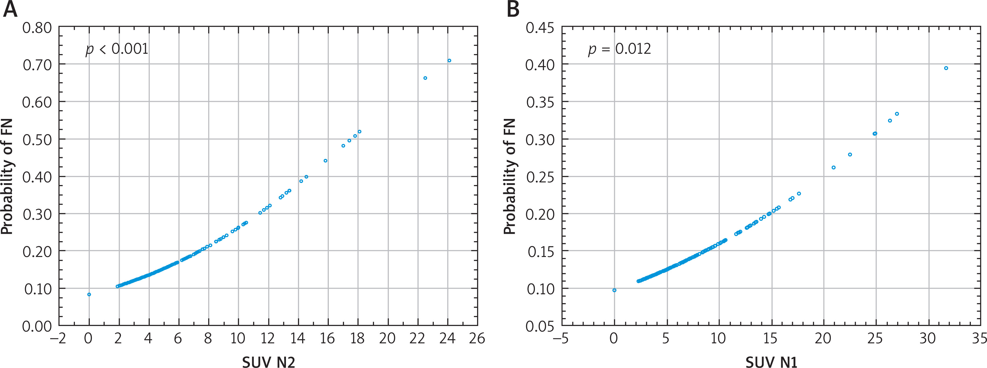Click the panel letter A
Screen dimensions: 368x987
[x=10, y=9]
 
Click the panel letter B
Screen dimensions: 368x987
[x=513, y=9]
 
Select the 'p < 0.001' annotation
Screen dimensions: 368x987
[x=117, y=49]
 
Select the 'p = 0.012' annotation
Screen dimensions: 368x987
[x=619, y=49]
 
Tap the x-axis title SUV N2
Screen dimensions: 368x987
[x=269, y=361]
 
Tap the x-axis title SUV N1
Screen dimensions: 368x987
[x=771, y=361]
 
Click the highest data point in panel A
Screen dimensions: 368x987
[x=449, y=61]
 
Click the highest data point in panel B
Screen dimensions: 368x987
[x=946, y=68]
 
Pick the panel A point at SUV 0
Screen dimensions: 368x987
[x=89, y=294]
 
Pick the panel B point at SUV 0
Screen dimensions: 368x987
[x=614, y=290]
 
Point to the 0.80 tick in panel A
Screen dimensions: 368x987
[x=37, y=28]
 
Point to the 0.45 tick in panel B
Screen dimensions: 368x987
[x=540, y=28]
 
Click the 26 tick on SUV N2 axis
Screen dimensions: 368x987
[x=477, y=338]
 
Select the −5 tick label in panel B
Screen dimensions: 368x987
[x=560, y=338]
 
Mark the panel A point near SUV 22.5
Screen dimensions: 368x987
[x=425, y=78]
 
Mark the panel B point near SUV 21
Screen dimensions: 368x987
[x=833, y=167]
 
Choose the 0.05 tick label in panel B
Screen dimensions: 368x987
[x=540, y=326]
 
